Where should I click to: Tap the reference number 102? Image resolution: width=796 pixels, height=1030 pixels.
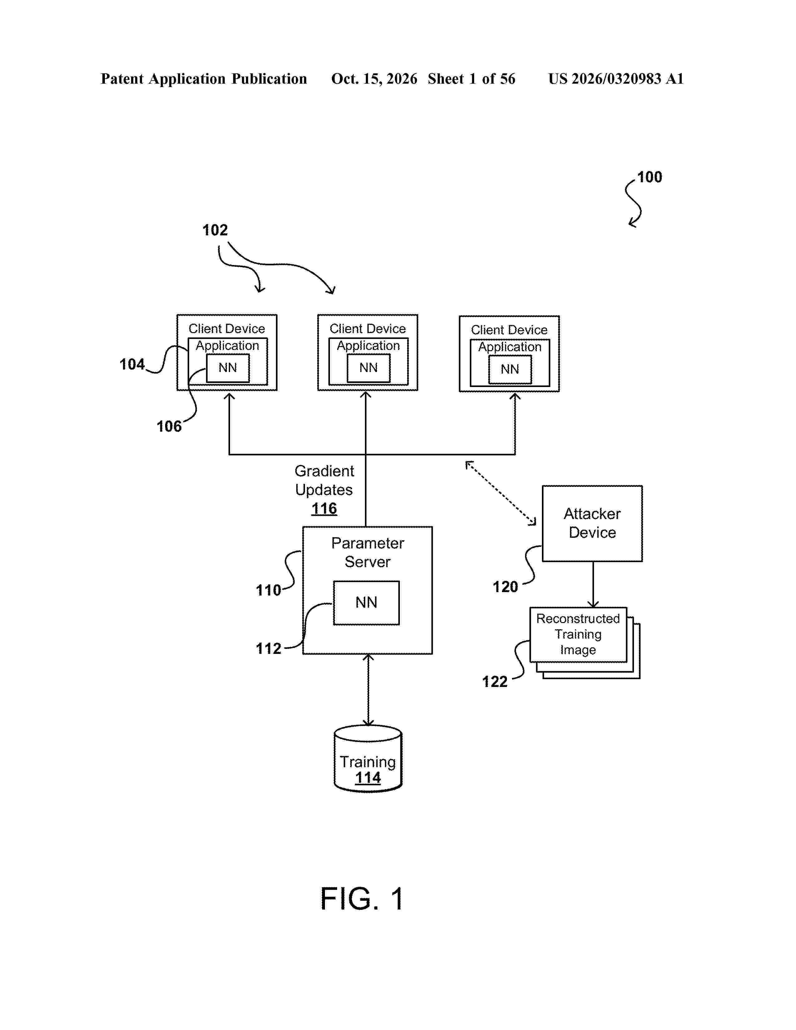(x=215, y=230)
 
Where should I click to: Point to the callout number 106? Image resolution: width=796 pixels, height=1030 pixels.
(x=169, y=426)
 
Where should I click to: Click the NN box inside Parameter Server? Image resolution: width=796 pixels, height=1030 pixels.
(x=366, y=603)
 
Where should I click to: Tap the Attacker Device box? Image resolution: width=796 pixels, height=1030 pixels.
(x=592, y=523)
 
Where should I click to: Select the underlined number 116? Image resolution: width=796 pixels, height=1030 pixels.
(x=324, y=508)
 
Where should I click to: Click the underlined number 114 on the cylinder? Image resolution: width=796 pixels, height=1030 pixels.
(x=368, y=778)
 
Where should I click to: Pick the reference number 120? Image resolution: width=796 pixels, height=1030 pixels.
(x=505, y=587)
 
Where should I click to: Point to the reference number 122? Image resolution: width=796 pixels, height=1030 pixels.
(x=495, y=681)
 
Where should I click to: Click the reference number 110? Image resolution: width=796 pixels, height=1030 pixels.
(x=268, y=590)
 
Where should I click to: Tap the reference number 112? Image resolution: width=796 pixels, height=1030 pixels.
(x=268, y=649)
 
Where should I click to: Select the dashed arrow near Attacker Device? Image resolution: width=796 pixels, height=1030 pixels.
(x=501, y=493)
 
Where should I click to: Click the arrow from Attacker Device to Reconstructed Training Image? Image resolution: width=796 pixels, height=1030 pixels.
(x=593, y=584)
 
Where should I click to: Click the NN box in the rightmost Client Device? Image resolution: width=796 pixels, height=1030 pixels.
(x=510, y=369)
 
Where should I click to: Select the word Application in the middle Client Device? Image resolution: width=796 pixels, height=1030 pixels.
(x=368, y=346)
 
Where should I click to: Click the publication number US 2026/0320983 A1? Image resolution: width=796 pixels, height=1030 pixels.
(x=616, y=79)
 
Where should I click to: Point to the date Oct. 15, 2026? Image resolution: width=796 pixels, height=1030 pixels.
(x=374, y=79)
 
